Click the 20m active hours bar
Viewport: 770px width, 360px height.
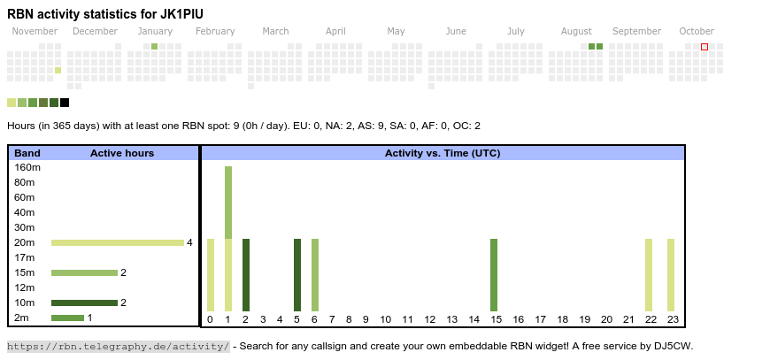117,242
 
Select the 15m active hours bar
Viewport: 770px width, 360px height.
84,272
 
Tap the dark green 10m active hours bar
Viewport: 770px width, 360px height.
84,303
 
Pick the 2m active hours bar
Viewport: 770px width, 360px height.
67,318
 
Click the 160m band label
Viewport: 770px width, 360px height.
27,167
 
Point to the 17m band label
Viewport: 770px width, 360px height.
25,257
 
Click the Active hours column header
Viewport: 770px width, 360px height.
122,153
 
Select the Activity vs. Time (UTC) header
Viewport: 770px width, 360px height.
443,153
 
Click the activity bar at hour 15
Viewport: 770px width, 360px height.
494,274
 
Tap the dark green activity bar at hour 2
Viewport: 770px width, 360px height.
246,274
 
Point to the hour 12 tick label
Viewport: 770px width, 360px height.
429,319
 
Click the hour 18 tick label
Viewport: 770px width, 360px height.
562,319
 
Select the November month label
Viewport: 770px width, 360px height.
35,31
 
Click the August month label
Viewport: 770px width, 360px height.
576,31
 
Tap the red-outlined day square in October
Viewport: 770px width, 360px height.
705,46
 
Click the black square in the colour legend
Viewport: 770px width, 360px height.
65,103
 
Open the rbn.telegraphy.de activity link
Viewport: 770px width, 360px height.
119,346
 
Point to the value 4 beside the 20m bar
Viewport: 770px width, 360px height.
189,242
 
